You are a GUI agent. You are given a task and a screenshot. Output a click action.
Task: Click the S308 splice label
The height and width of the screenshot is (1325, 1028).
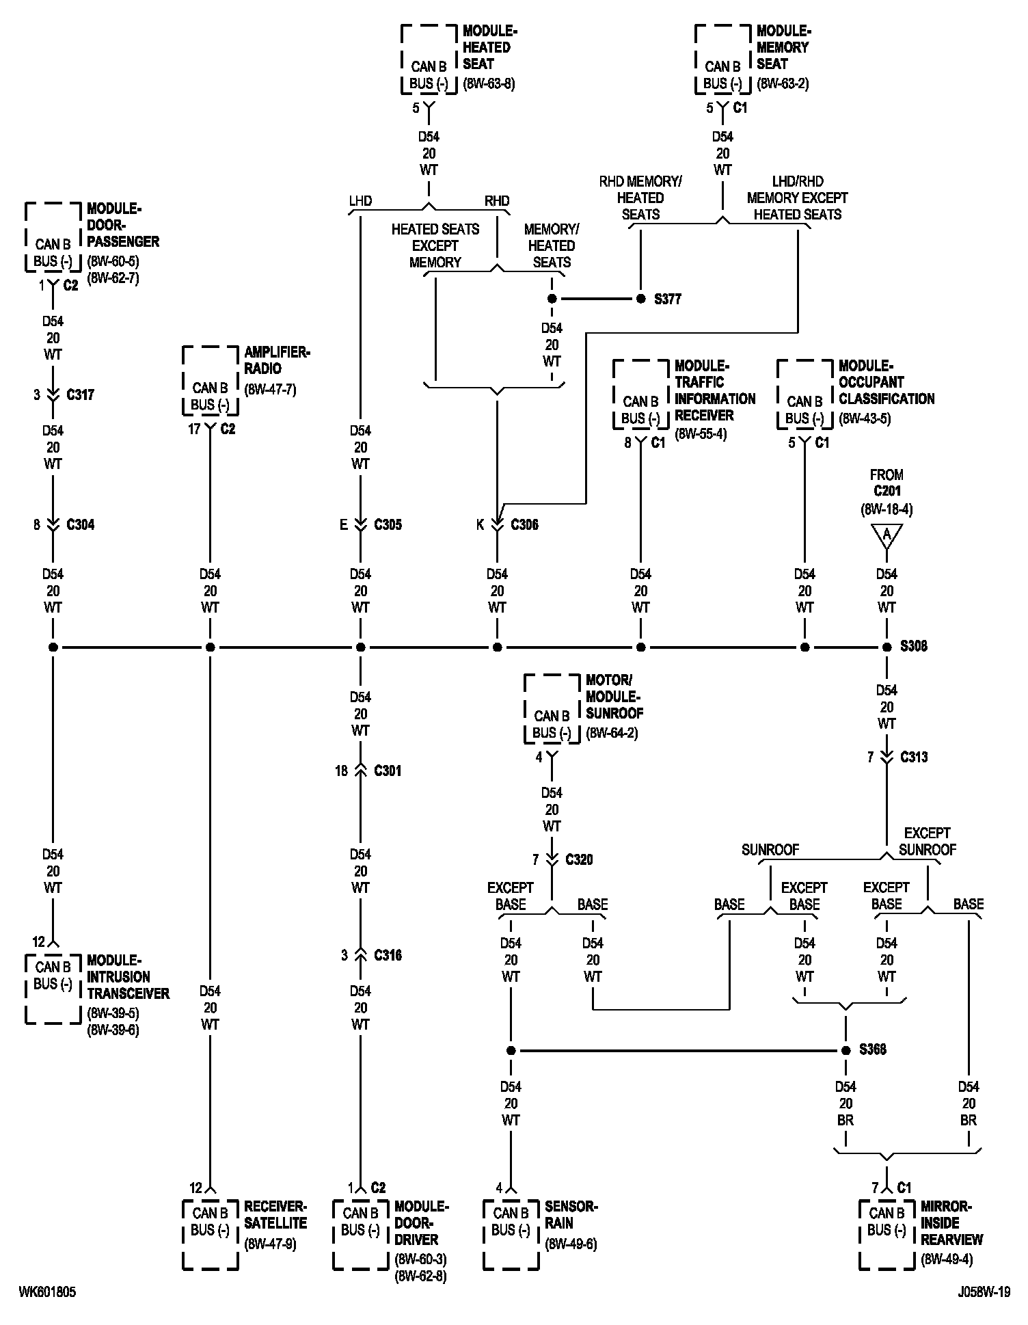[x=914, y=647]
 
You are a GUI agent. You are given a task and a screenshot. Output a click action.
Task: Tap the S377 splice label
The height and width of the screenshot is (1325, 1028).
[x=667, y=299]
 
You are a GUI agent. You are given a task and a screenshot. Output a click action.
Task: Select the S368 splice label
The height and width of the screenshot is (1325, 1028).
[x=873, y=1049]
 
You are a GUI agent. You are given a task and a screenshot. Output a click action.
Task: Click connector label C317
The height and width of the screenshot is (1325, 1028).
[x=80, y=394]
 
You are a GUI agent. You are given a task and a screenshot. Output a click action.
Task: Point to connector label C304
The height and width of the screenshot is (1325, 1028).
[x=80, y=524]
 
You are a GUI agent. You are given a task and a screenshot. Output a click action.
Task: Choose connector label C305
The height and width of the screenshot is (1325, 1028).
[x=388, y=524]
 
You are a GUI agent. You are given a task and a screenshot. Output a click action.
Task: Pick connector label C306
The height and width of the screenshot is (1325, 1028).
[x=524, y=524]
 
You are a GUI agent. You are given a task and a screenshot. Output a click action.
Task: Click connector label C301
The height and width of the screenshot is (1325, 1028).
[x=388, y=771]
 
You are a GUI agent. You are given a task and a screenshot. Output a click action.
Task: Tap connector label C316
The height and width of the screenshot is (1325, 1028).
[x=388, y=955]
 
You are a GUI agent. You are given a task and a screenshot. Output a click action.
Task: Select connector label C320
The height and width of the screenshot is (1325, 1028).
[x=579, y=859]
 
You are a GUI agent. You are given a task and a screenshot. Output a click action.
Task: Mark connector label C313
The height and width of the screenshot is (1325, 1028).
[x=914, y=757]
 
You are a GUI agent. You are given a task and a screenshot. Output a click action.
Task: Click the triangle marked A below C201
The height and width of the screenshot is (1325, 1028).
[x=887, y=535]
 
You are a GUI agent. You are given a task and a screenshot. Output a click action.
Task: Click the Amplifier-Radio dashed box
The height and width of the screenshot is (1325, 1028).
[x=210, y=381]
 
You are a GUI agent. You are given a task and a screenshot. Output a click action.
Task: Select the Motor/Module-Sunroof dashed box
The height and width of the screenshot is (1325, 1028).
[x=552, y=709]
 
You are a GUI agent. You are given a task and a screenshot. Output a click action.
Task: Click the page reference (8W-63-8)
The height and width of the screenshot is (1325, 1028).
[x=489, y=84]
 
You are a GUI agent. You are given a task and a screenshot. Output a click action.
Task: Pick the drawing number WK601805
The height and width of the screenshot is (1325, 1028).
[x=47, y=1292]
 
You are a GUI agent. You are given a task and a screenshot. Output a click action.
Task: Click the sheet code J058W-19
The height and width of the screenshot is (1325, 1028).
[x=984, y=1292]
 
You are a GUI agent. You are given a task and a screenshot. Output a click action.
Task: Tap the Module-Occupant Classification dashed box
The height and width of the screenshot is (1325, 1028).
[x=804, y=394]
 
